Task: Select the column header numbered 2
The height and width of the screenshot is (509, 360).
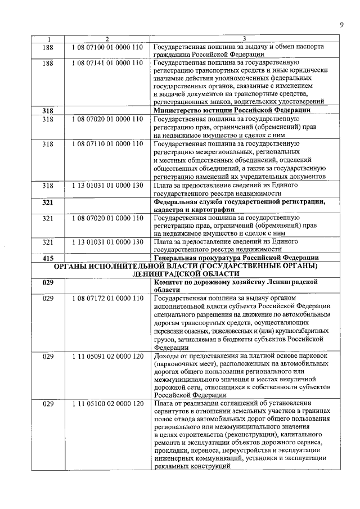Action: pos(107,39)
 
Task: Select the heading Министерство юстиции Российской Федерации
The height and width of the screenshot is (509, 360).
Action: pos(232,111)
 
